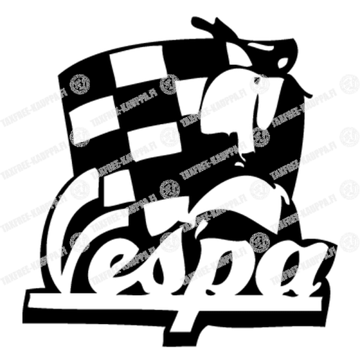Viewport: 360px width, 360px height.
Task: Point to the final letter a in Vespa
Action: coord(296,271)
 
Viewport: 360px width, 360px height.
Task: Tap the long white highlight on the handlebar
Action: coord(262,47)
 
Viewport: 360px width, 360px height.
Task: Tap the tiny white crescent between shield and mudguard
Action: coord(239,163)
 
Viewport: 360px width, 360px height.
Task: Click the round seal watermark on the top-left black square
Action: coord(79,83)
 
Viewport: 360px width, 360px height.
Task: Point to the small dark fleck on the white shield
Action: coord(257,80)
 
